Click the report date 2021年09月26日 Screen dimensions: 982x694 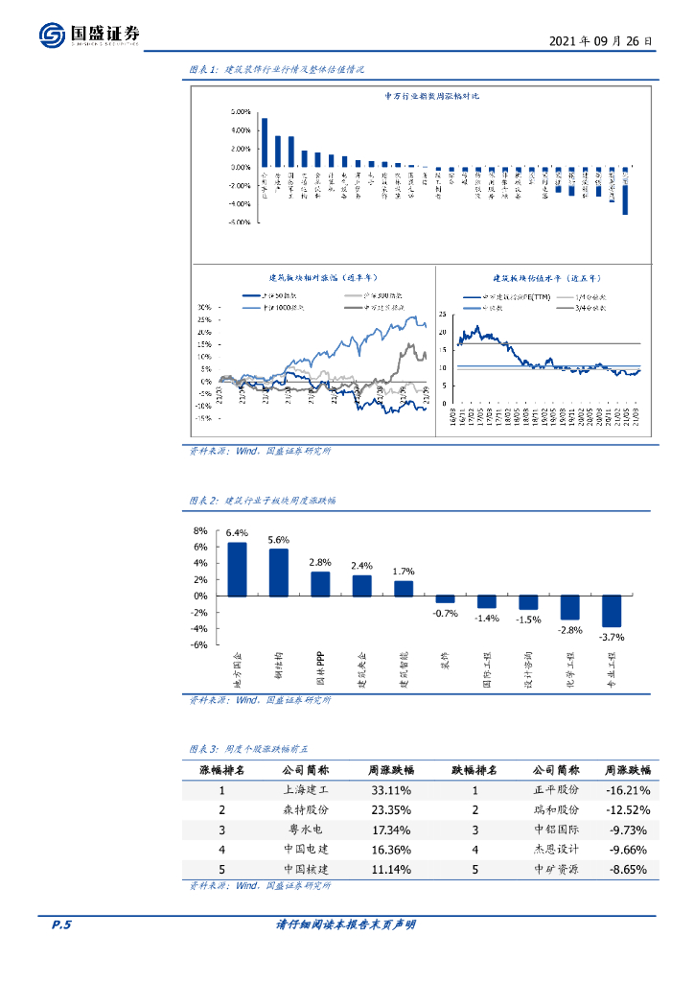click(603, 42)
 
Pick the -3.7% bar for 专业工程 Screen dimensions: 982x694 click(612, 611)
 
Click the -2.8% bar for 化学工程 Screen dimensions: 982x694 click(570, 607)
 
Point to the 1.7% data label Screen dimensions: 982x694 click(404, 572)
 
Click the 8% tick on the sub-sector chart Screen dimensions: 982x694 click(200, 530)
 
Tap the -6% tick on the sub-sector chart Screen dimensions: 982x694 click(199, 645)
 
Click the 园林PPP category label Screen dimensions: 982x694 click(321, 670)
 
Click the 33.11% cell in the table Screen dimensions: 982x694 click(391, 791)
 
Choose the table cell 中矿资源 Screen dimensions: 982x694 click(556, 870)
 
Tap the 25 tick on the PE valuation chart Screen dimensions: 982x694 click(443, 314)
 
